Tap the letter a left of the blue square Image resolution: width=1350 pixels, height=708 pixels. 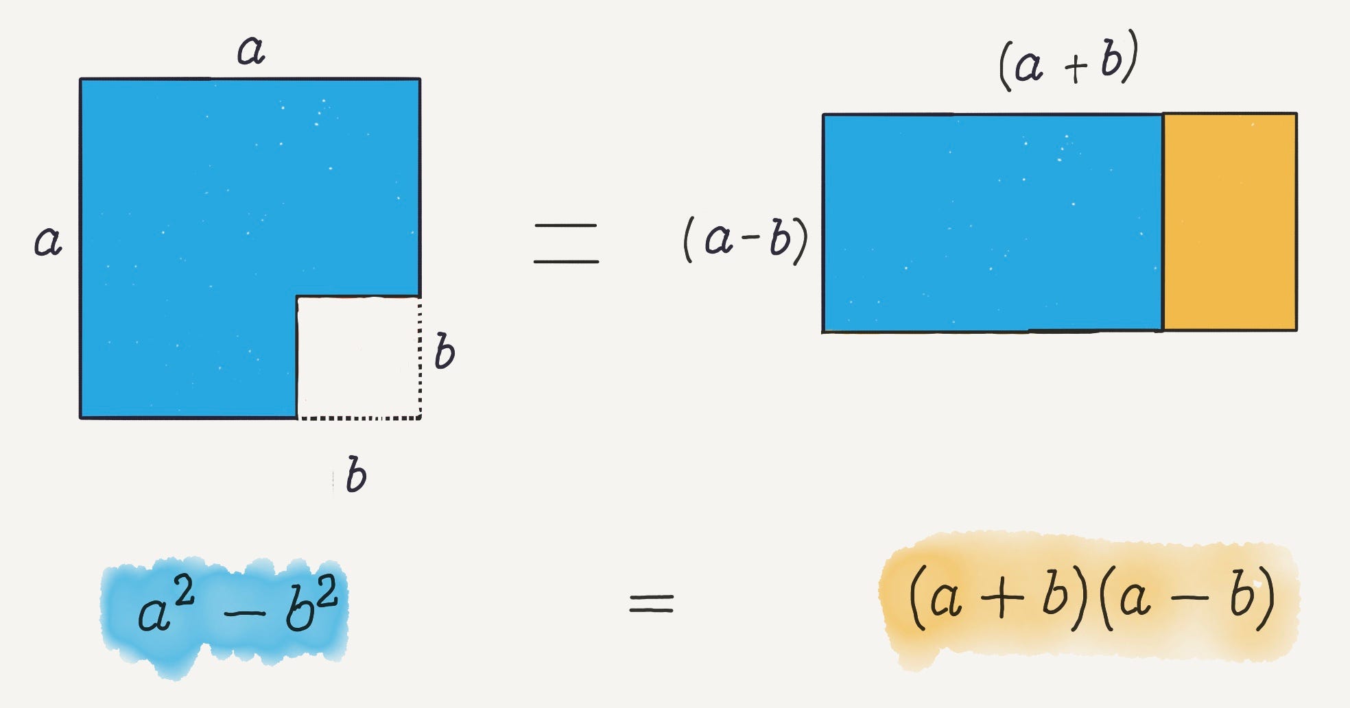point(48,241)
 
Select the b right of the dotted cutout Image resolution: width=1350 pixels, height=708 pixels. point(445,351)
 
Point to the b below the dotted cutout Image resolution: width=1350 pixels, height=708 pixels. point(356,475)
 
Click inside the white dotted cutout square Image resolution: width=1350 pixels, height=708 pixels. point(357,356)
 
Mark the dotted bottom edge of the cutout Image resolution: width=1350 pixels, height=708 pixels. point(358,417)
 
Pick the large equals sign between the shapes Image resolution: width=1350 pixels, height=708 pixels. point(566,243)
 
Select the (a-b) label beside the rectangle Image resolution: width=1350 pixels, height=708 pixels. point(746,239)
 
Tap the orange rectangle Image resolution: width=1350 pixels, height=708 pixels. point(1230,222)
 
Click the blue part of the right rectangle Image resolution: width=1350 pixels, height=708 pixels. point(992,222)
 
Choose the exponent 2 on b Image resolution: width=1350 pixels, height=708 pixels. point(327,591)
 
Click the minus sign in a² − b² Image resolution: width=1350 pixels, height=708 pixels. point(244,612)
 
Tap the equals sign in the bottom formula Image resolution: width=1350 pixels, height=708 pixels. point(652,604)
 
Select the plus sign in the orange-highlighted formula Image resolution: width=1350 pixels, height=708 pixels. point(1002,597)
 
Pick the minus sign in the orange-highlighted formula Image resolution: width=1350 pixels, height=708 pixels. point(1189,598)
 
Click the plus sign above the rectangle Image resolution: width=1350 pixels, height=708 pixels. point(1076,68)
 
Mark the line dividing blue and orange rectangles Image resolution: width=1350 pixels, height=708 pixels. point(1163,222)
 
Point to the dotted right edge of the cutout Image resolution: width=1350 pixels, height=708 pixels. point(420,356)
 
